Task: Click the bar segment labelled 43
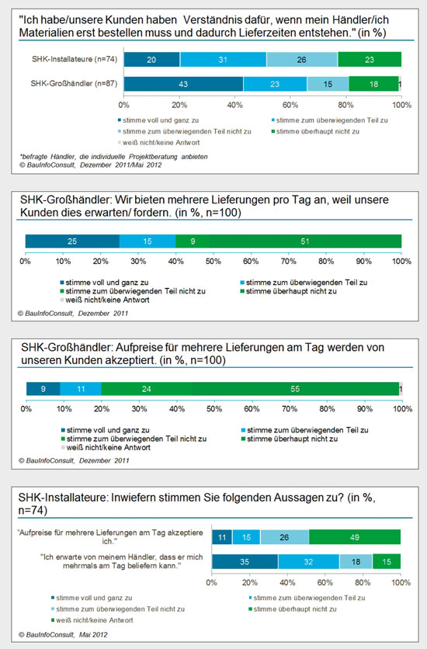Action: tap(183, 84)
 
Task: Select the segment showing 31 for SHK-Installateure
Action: tap(223, 60)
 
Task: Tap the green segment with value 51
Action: tap(305, 241)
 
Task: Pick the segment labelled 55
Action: tap(296, 389)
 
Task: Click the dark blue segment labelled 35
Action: tap(245, 562)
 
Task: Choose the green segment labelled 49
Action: tap(355, 537)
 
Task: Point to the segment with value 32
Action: tap(308, 562)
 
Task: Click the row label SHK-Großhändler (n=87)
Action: tap(74, 84)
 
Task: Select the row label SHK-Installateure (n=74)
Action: tap(75, 59)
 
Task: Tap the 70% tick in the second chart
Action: tap(288, 262)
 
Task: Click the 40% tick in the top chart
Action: tap(234, 105)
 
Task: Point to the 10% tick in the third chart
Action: tap(64, 409)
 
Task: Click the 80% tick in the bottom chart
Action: tap(363, 582)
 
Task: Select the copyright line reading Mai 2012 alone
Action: tap(63, 634)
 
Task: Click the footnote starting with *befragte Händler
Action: tap(113, 157)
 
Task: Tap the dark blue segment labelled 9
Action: tap(43, 389)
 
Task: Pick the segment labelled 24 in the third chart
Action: tap(147, 389)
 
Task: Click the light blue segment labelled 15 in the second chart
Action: tap(148, 241)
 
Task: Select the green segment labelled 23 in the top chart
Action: tap(370, 60)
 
